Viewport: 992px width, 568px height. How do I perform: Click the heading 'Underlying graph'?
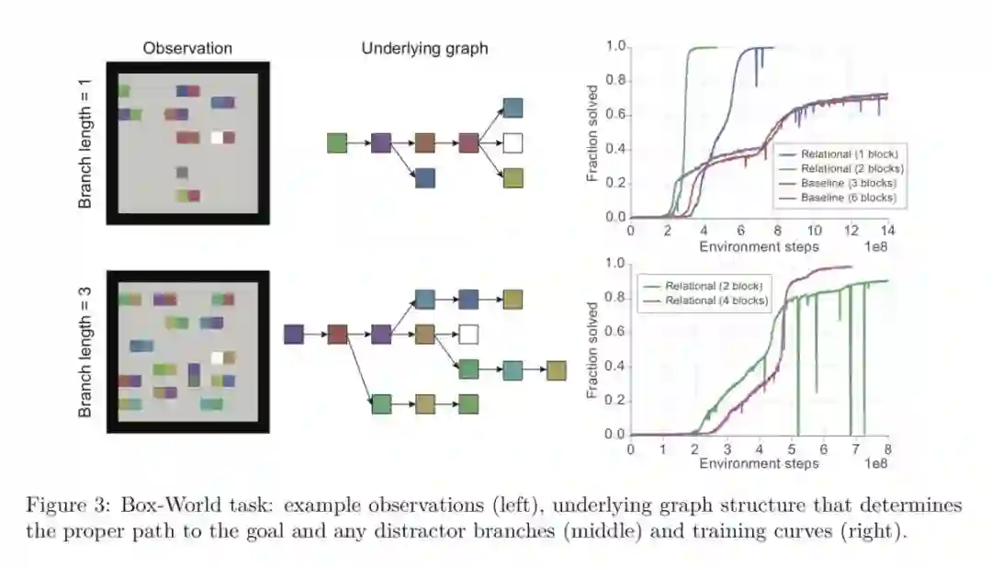pos(424,49)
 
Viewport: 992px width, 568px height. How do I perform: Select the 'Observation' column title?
pos(187,49)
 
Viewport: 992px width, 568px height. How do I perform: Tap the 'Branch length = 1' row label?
pos(85,142)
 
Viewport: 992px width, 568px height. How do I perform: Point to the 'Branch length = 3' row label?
pos(85,352)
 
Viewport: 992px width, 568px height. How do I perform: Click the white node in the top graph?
pos(513,143)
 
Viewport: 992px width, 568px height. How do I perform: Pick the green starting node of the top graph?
pos(337,143)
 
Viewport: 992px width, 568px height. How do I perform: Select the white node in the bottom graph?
pos(468,334)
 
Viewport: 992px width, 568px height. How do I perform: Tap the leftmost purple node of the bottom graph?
pos(294,334)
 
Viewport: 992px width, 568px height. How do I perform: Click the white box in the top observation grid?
pos(217,138)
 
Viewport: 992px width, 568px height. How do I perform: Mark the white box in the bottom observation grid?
pos(217,358)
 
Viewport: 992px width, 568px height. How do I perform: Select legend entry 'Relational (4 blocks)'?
pos(716,301)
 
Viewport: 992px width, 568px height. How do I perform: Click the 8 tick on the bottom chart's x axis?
pos(887,449)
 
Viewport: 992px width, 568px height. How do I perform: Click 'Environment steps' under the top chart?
pos(759,246)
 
